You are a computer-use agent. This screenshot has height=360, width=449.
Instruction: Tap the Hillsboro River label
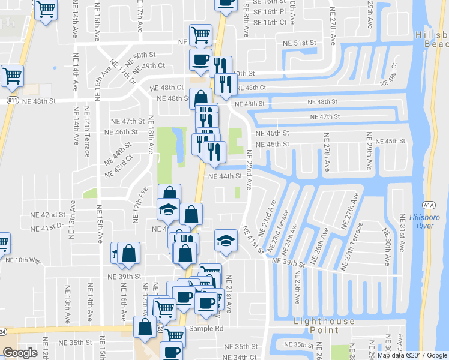[x=425, y=221]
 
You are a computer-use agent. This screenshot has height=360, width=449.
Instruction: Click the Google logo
[x=20, y=352]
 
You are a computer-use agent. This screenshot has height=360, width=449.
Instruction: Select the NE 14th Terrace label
[x=88, y=137]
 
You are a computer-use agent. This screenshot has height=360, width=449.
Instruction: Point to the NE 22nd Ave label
[x=249, y=172]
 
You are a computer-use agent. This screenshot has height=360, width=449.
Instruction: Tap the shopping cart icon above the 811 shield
[x=12, y=75]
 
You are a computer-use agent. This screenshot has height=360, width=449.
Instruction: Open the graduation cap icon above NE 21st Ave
[x=225, y=241]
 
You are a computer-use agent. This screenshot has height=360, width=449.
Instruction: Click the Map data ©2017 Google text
[x=412, y=355]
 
